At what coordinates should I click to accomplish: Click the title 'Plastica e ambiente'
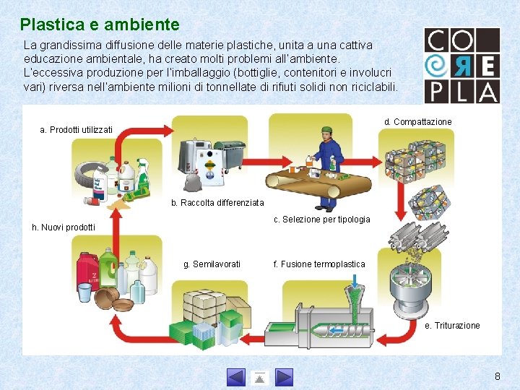100,25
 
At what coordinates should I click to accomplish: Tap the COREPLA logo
461,65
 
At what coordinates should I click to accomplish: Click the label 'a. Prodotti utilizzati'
77,130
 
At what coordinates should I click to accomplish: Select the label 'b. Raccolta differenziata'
217,203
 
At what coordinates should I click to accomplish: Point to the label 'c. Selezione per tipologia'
322,220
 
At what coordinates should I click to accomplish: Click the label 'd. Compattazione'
417,122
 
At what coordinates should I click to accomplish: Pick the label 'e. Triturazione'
452,326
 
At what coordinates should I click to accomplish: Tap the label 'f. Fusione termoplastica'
319,264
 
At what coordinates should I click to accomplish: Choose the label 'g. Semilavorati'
212,264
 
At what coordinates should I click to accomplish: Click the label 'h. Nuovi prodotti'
64,227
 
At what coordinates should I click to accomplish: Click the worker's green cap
326,131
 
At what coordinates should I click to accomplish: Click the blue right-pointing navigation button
284,377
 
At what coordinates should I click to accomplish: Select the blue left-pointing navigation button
236,377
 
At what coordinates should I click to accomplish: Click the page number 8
497,376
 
